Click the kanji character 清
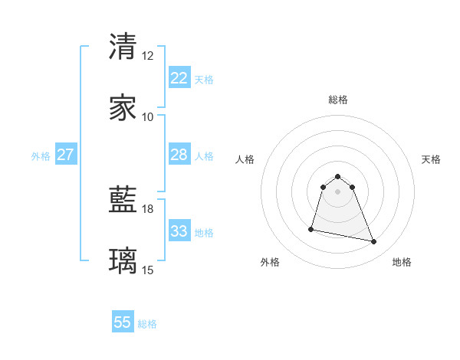[x=123, y=47]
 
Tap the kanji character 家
[x=123, y=108]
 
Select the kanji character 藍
[x=123, y=201]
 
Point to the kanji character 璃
[x=123, y=261]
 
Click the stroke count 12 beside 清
[x=148, y=56]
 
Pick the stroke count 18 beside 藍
[x=148, y=209]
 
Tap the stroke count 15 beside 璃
[x=148, y=270]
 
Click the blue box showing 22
[x=179, y=78]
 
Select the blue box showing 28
[x=179, y=155]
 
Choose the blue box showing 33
[x=179, y=231]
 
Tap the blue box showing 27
[x=65, y=155]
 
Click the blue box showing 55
[x=123, y=322]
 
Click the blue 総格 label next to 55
[x=147, y=324]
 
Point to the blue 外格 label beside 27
[x=41, y=156]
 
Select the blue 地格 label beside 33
[x=204, y=233]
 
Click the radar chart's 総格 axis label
[x=338, y=100]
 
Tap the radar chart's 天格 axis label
[x=431, y=159]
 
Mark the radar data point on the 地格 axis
[x=374, y=242]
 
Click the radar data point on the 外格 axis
[x=311, y=229]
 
